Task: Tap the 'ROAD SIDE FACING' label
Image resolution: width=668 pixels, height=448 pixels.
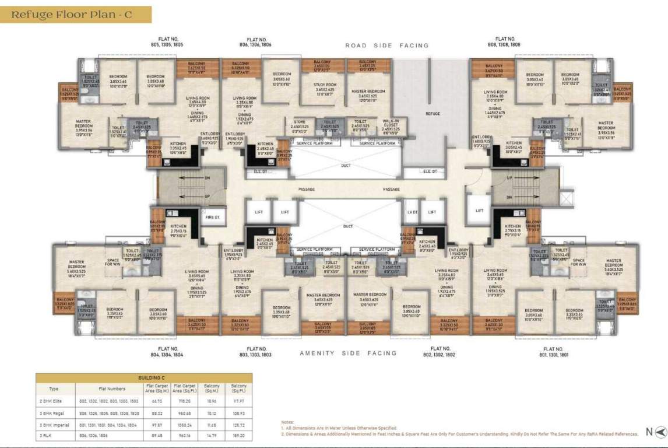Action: (x=386, y=45)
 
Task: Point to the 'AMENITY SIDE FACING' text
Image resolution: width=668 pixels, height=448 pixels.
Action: (x=348, y=353)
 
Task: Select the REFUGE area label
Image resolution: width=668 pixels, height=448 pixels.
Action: (x=433, y=114)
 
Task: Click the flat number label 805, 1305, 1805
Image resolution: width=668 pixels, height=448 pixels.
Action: (x=166, y=41)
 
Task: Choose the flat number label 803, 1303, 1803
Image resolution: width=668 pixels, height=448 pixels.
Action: (x=255, y=352)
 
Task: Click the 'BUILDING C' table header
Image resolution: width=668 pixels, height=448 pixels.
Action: (x=144, y=377)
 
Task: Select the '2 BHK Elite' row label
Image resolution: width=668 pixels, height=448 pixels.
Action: (x=54, y=401)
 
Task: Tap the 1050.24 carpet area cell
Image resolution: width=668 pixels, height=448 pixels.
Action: (x=184, y=425)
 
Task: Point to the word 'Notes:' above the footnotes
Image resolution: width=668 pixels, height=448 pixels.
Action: (x=288, y=422)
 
